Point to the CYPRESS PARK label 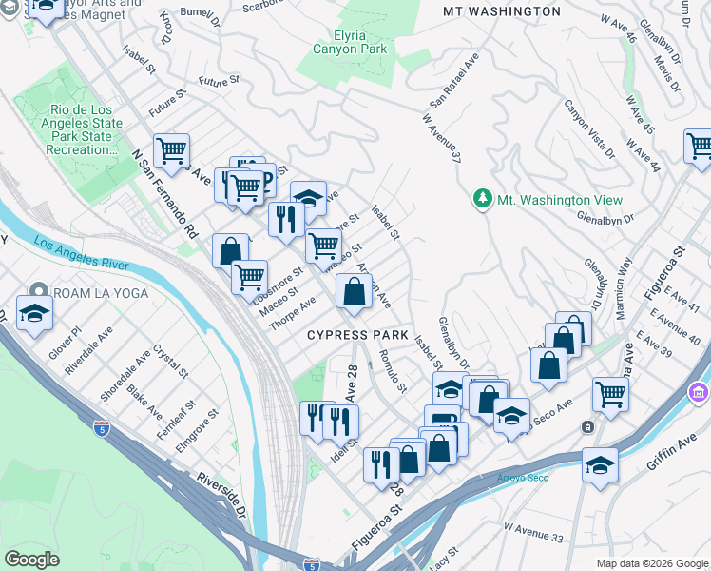(x=357, y=336)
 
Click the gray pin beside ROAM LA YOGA (x=38, y=292)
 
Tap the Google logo (x=31, y=559)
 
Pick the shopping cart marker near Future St (x=171, y=150)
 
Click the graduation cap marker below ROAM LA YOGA (x=33, y=313)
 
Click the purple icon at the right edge (x=701, y=392)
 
